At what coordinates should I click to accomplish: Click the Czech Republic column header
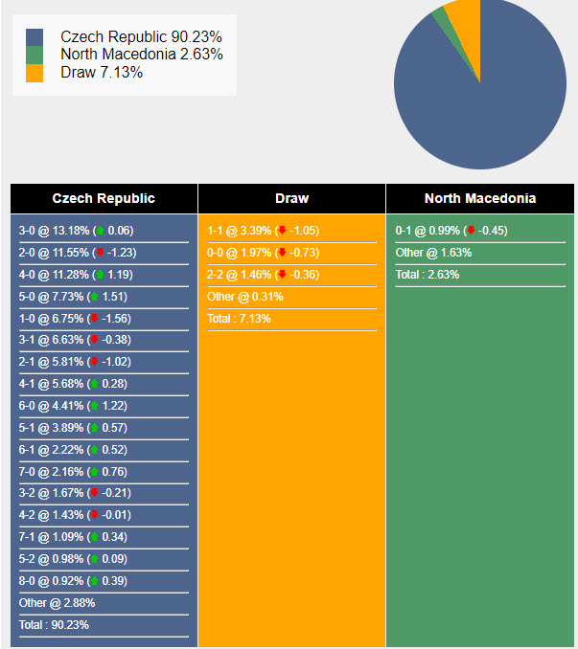point(104,199)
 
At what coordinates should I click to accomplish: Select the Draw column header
point(291,199)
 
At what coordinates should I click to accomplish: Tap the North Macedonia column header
point(480,199)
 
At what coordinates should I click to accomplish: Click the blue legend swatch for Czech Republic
point(35,37)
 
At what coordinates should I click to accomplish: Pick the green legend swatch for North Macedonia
point(35,55)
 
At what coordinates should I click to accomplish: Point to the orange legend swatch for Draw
point(35,73)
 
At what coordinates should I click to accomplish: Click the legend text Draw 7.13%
point(102,73)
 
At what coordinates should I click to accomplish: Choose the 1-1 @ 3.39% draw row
point(264,231)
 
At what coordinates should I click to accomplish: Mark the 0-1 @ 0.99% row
point(451,231)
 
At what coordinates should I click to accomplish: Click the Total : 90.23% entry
point(54,624)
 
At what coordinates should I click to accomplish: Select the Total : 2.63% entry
point(428,275)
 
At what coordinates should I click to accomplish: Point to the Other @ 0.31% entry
point(244,297)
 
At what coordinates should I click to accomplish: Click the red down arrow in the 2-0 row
point(100,253)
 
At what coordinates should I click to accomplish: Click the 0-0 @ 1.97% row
point(264,253)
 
